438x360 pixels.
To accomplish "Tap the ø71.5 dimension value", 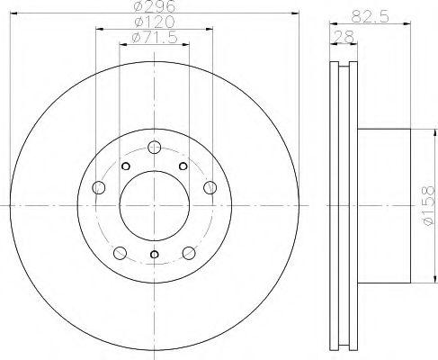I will click(153, 39).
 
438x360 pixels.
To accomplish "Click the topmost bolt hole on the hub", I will click(155, 146).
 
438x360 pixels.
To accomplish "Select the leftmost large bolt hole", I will click(99, 187).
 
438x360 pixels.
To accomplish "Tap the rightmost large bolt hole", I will click(210, 187).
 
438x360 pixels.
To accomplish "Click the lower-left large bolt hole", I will click(119, 249).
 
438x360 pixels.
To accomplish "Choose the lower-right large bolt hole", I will click(191, 249).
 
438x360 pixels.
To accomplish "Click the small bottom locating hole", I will click(155, 256).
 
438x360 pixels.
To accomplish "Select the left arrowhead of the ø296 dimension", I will click(13, 14).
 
